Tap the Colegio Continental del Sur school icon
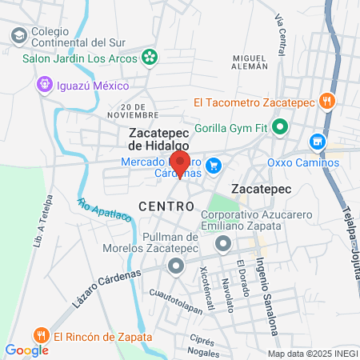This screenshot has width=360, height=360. (18, 36)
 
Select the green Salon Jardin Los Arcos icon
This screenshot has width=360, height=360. (148, 57)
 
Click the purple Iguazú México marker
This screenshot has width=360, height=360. (46, 84)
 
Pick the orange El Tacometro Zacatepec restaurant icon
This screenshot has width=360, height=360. (326, 102)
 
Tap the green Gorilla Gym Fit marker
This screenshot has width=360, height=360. (280, 126)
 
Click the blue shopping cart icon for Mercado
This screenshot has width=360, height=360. (213, 166)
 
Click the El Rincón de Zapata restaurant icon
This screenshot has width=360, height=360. (40, 336)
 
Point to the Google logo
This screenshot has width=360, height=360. (26, 350)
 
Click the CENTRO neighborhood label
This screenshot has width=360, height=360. (166, 206)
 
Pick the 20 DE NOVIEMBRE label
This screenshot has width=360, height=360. (141, 110)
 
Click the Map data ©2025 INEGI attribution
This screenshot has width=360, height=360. (312, 353)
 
